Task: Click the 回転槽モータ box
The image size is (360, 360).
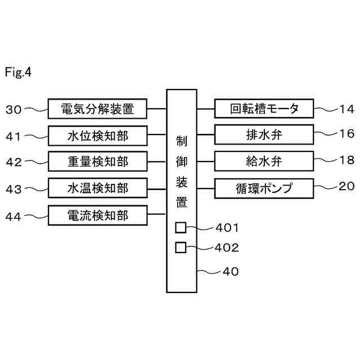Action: click(264, 109)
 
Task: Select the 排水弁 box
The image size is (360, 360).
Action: click(264, 136)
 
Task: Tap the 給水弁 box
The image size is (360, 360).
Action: click(264, 162)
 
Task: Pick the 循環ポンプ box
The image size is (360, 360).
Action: click(264, 188)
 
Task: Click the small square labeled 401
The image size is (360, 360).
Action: click(181, 228)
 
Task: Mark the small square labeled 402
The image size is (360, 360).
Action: click(181, 247)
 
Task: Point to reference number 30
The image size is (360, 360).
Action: click(13, 110)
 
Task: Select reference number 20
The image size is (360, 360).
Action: click(346, 187)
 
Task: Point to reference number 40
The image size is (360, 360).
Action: click(231, 272)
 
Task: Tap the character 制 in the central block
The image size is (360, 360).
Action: click(181, 140)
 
